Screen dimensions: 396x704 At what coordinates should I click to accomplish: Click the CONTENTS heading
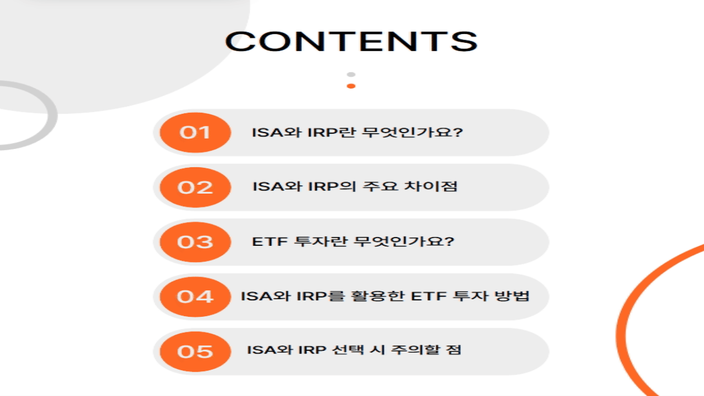pyautogui.click(x=351, y=42)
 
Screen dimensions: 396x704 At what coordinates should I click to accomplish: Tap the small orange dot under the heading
pyautogui.click(x=351, y=86)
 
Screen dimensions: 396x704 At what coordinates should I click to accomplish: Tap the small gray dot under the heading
pyautogui.click(x=351, y=74)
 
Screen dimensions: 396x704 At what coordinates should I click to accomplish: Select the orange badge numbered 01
pyautogui.click(x=195, y=133)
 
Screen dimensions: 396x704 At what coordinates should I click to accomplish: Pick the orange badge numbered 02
pyautogui.click(x=195, y=187)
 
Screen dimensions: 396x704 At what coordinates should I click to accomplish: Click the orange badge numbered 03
pyautogui.click(x=195, y=242)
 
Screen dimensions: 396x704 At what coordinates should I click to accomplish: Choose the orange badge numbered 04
pyautogui.click(x=195, y=297)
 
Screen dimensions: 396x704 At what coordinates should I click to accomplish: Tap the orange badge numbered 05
pyautogui.click(x=195, y=351)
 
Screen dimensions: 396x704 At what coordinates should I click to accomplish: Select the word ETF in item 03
pyautogui.click(x=266, y=241)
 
